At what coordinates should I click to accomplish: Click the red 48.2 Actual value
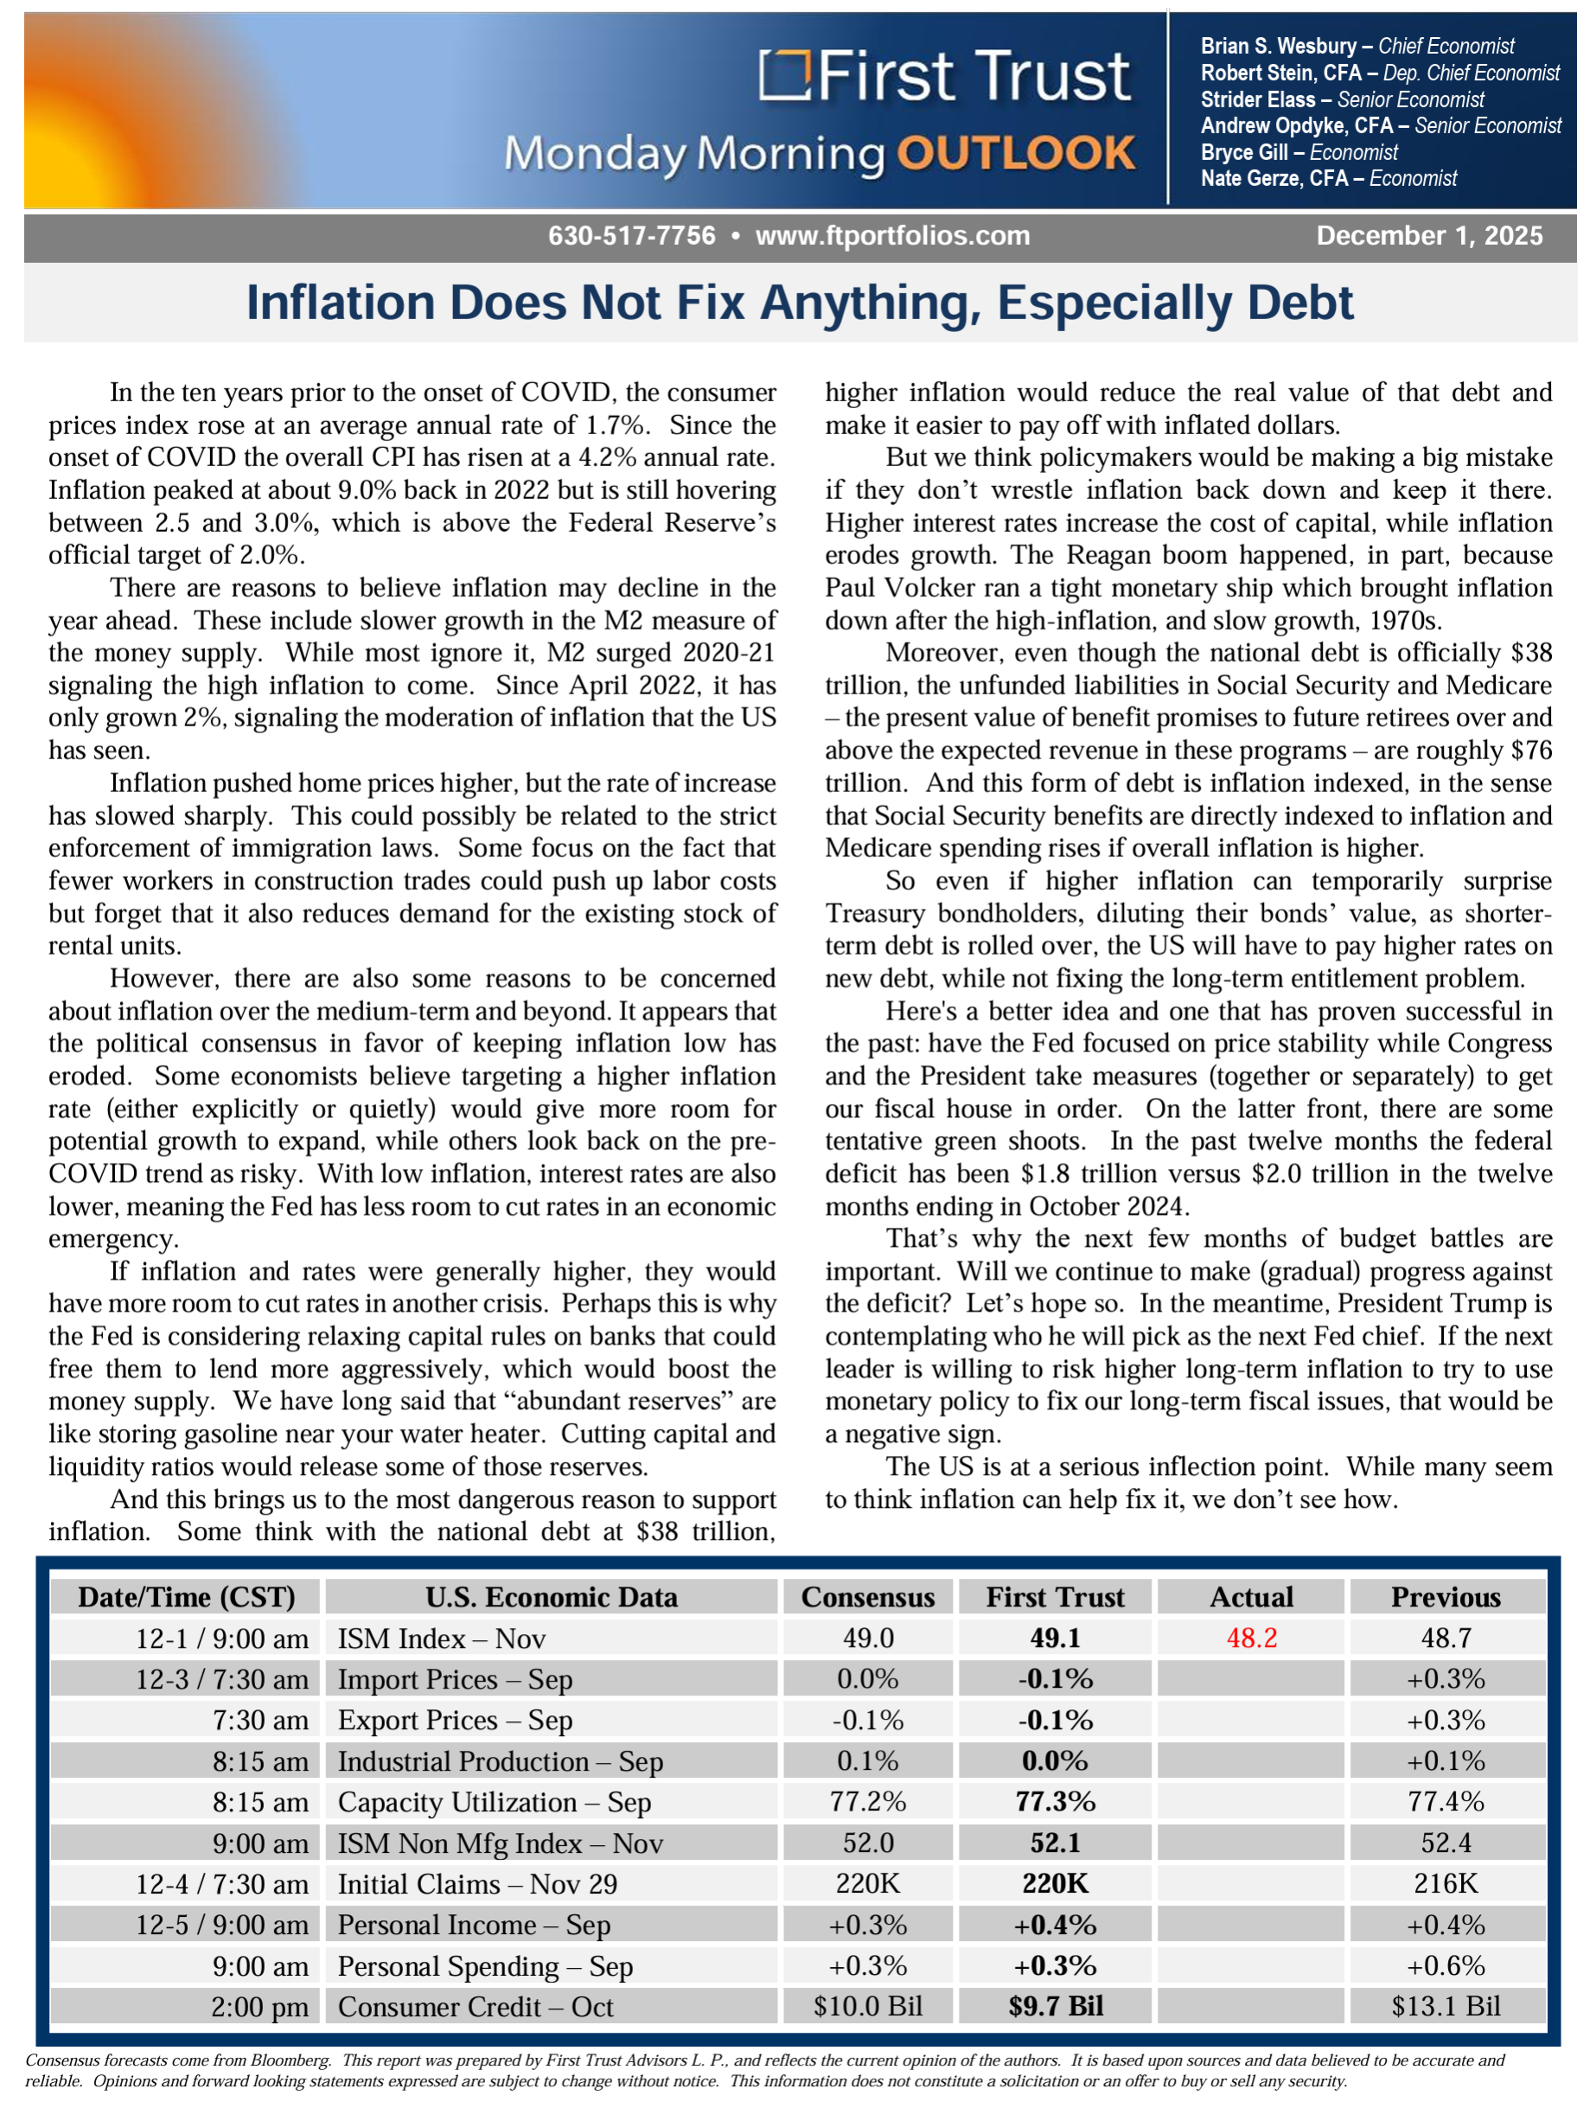pos(1251,1638)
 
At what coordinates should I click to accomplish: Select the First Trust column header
pos(1055,1597)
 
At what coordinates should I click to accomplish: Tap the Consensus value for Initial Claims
pos(867,1884)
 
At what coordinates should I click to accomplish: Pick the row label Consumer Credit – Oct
pos(476,2007)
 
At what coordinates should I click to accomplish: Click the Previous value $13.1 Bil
pos(1446,2007)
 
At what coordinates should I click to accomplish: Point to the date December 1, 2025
pos(1428,236)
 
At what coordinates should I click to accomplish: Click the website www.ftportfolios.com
pos(892,236)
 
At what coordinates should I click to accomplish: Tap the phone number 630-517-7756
pos(632,236)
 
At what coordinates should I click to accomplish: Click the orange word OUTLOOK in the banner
pos(1016,155)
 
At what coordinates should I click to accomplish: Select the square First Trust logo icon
pos(784,75)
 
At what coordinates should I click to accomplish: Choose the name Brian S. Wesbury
pos(1278,46)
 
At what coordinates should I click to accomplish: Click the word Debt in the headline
pos(1299,303)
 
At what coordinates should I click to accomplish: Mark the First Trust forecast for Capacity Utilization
pos(1055,1802)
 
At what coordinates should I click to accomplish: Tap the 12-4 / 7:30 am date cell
pos(222,1884)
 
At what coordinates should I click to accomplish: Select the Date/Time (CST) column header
pos(187,1597)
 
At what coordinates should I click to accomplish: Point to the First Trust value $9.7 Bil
pos(1055,2007)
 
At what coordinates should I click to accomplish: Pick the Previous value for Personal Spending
pos(1446,1966)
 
